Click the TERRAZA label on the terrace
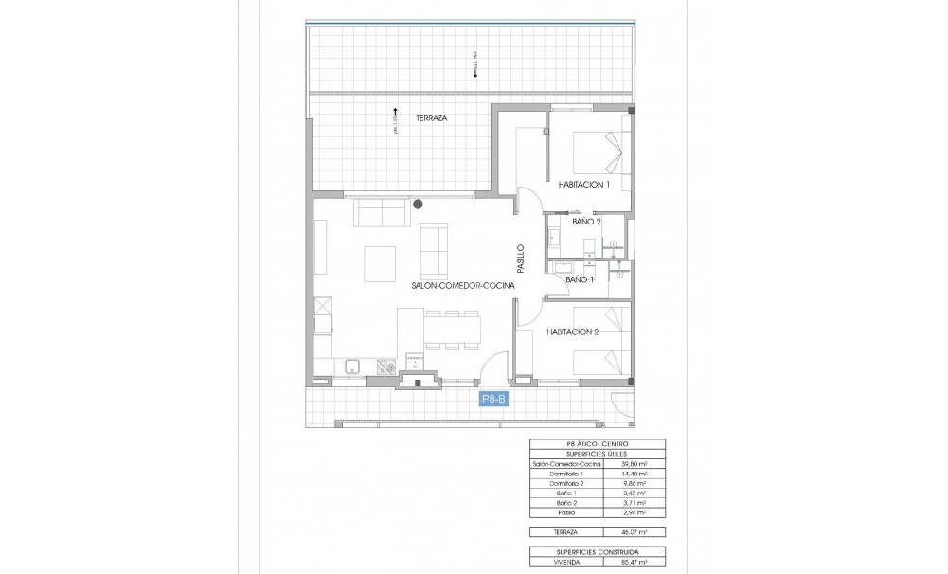coord(431,118)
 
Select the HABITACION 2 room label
coord(574,332)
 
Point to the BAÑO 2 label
coord(587,222)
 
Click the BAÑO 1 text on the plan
coord(579,280)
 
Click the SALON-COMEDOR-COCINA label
coord(463,285)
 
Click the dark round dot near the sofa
coord(417,202)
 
